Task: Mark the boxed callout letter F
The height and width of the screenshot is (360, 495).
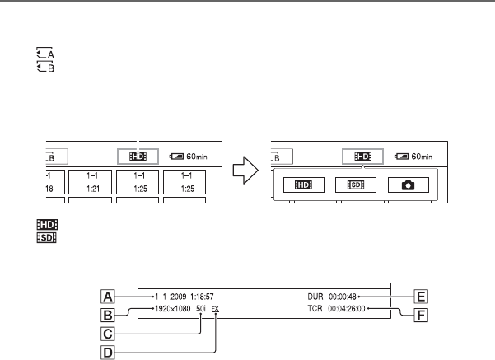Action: (422, 314)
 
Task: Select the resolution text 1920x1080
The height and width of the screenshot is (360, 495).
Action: (171, 310)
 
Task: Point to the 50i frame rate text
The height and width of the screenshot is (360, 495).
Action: (202, 310)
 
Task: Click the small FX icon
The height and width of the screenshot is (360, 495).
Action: (216, 310)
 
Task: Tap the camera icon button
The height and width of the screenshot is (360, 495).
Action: (409, 185)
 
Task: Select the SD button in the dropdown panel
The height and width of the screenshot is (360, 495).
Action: (357, 185)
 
